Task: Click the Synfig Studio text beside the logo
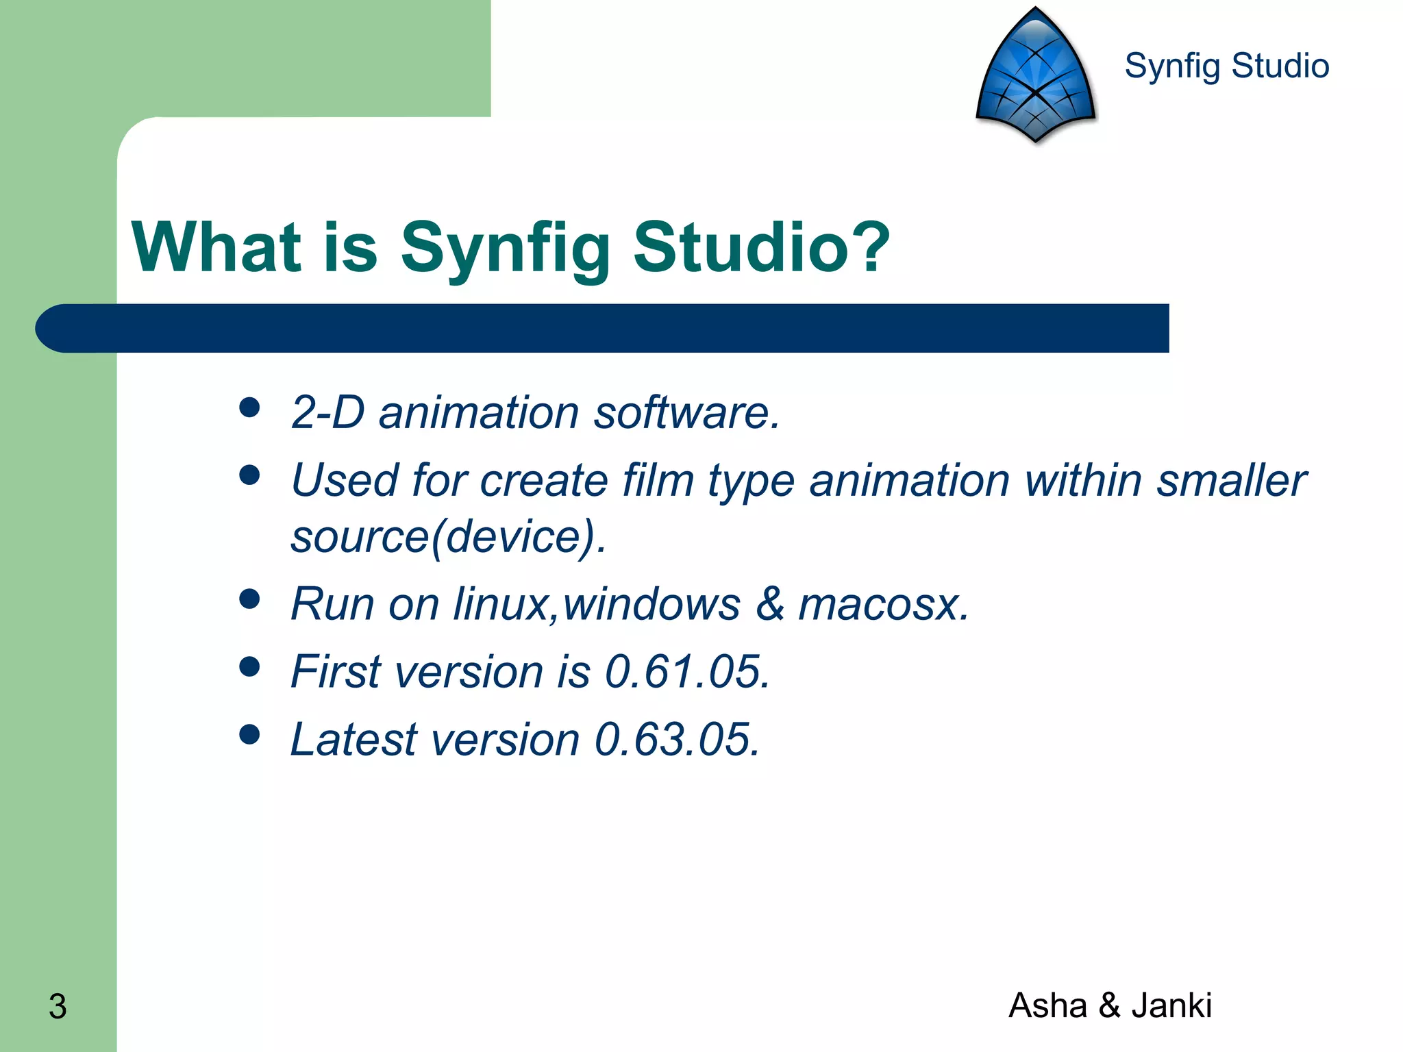[1226, 66]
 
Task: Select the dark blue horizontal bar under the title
[603, 328]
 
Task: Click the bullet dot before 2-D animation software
[250, 408]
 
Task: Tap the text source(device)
[448, 536]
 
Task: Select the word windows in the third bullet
[651, 604]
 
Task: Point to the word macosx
[883, 604]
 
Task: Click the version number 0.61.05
[687, 671]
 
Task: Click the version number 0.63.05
[677, 740]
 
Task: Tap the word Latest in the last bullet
[353, 740]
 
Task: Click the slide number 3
[58, 1007]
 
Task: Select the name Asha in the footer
[1047, 1005]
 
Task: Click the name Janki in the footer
[1171, 1005]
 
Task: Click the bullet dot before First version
[250, 666]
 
